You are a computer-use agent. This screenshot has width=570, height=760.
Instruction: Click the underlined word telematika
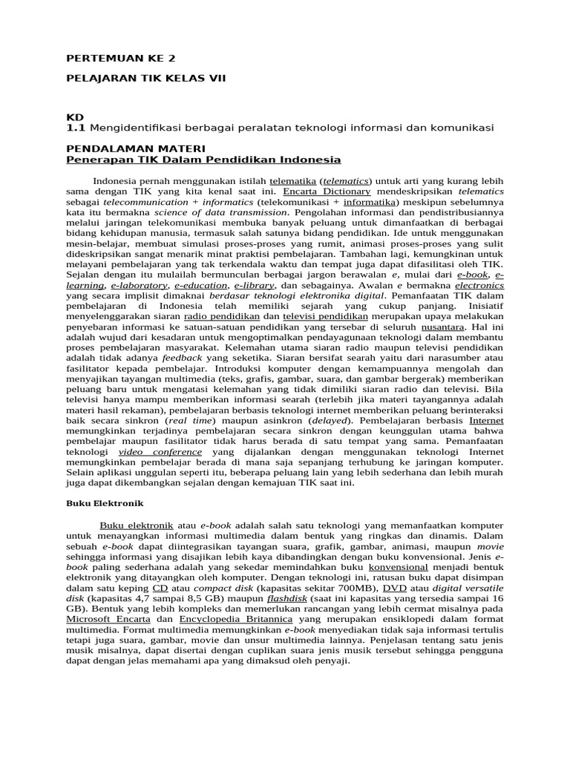tap(295, 180)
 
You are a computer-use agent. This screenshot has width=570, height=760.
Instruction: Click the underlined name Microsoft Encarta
tap(108, 618)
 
